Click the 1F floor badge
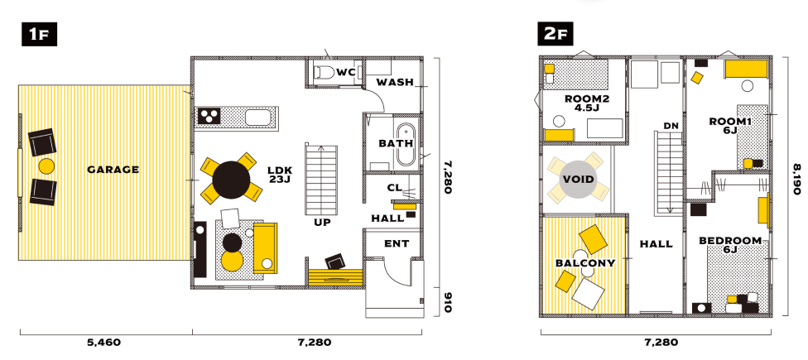39,35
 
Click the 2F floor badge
555,35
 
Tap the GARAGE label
113,170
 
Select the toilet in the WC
324,73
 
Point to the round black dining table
231,180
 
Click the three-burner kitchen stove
209,117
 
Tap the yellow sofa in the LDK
265,247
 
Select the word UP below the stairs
323,223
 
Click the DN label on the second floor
671,125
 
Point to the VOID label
578,180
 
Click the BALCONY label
585,263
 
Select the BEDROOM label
730,241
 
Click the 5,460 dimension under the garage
105,342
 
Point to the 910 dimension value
447,302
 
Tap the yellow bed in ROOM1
746,69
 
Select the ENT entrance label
397,243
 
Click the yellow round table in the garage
47,166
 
